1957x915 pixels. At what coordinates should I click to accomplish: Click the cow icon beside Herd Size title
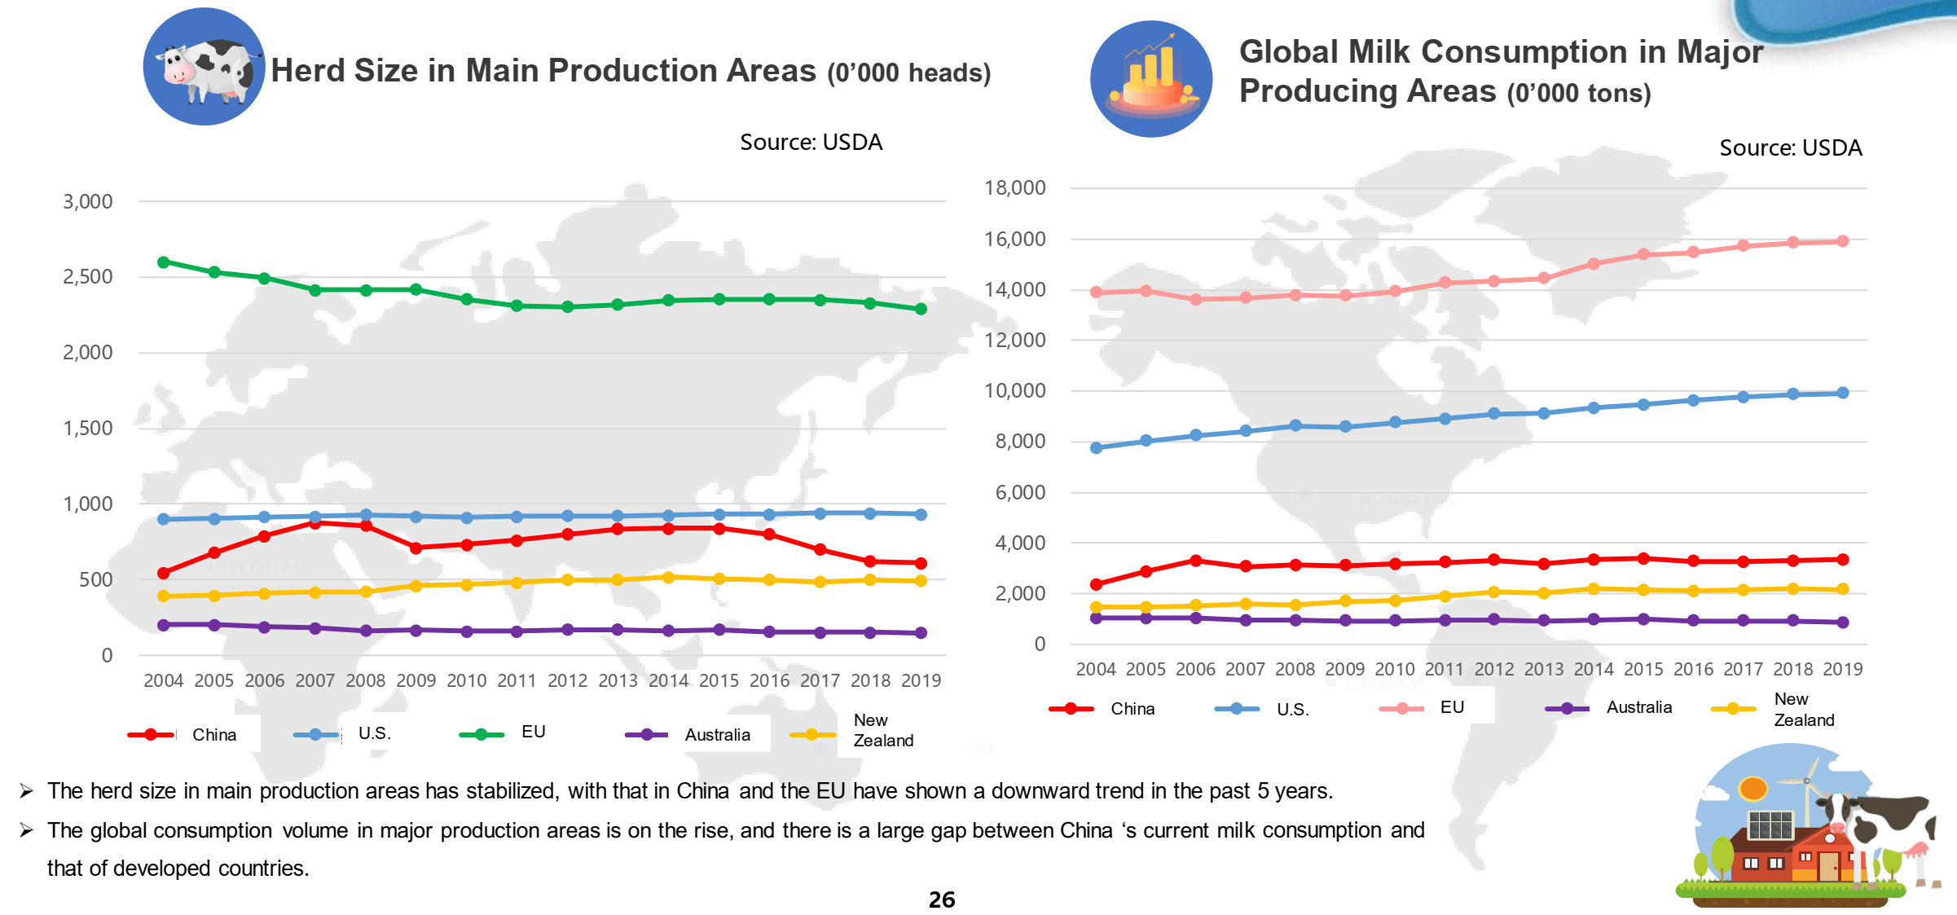[x=204, y=67]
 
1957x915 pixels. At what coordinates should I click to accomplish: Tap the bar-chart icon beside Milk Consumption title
[x=1150, y=79]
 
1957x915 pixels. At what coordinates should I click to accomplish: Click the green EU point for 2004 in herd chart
[x=163, y=262]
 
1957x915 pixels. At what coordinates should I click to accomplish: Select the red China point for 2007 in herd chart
[x=315, y=523]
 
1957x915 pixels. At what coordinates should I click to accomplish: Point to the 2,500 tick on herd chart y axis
[x=88, y=277]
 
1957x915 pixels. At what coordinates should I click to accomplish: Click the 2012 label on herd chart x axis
[x=567, y=680]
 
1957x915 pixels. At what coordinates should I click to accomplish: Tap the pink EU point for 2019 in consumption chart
[x=1843, y=241]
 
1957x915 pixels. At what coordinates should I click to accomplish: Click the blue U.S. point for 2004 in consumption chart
[x=1096, y=448]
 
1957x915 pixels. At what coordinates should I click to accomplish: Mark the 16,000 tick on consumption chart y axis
[x=1014, y=240]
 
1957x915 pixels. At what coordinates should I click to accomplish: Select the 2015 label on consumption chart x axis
[x=1643, y=669]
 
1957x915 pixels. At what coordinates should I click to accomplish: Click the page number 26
[x=942, y=900]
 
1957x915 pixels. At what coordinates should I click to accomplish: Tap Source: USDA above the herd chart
[x=811, y=143]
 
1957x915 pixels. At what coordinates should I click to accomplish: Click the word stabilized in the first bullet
[x=512, y=791]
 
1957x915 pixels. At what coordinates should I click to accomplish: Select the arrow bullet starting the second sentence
[x=27, y=830]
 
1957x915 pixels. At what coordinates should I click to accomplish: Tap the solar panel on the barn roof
[x=1770, y=825]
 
